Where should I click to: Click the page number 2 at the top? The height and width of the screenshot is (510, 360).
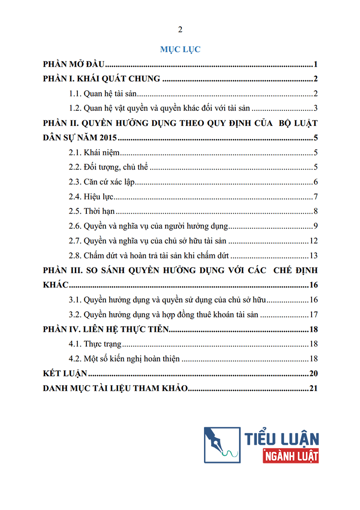pos(180,30)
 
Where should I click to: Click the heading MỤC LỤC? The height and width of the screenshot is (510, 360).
pos(180,49)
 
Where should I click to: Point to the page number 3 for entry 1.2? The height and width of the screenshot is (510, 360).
pos(315,108)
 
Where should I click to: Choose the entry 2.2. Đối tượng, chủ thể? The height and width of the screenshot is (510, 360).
pos(108,168)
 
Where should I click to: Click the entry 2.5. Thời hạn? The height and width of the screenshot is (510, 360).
pos(91,211)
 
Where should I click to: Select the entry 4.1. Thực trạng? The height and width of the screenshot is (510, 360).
pos(95,344)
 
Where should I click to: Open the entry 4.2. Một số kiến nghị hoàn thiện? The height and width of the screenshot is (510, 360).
pos(124,359)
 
